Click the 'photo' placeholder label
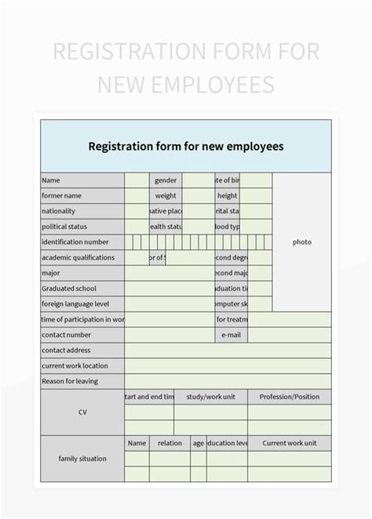tap(302, 242)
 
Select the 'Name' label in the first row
tap(51, 180)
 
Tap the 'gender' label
tap(166, 180)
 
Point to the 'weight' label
tap(166, 196)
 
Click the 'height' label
tap(228, 196)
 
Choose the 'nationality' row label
tap(59, 211)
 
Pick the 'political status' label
tap(64, 227)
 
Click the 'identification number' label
tap(75, 242)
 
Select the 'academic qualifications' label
tap(78, 257)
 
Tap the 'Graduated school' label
tap(69, 289)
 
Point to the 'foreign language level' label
tap(75, 303)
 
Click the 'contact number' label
tap(67, 335)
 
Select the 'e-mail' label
tap(231, 335)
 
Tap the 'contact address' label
tap(66, 350)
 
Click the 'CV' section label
tap(82, 412)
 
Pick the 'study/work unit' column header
tap(211, 397)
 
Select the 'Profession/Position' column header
tap(290, 397)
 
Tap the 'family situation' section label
tap(82, 459)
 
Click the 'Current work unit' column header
tap(290, 443)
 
